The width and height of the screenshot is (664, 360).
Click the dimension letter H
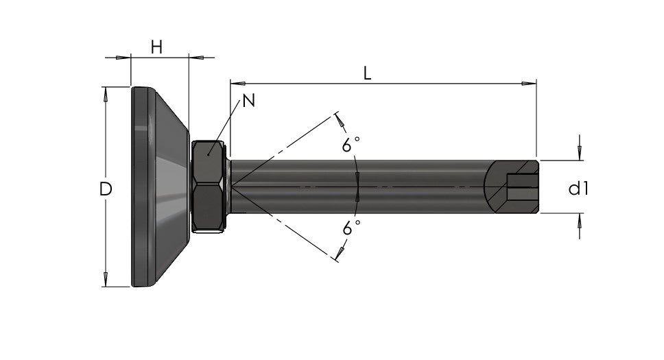coord(156,47)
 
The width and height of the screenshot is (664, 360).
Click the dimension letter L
coord(367,73)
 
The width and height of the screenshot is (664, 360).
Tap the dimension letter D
coord(106,189)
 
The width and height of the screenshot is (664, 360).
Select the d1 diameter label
coord(578,188)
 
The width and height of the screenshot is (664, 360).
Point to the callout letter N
coord(248,101)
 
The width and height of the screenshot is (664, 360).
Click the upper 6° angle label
coord(351,145)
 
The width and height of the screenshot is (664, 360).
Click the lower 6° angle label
coord(351,228)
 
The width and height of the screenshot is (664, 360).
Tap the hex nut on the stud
coord(209,187)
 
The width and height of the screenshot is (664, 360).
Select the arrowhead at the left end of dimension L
coord(237,84)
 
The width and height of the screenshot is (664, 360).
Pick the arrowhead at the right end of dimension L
coord(530,84)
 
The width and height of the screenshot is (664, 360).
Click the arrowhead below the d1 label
coord(580,220)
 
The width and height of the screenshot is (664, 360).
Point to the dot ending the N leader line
coord(209,155)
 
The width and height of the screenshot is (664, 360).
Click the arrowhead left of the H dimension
coord(123,57)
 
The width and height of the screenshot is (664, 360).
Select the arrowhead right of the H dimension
coord(195,57)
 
